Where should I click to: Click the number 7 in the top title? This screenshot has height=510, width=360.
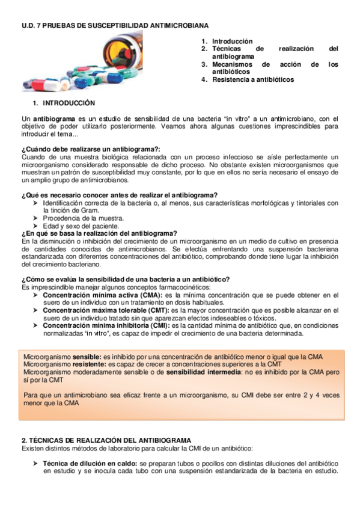coord(37,26)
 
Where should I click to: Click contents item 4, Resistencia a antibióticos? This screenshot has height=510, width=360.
coord(252,79)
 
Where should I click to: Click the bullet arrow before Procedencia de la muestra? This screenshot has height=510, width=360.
coord(36,218)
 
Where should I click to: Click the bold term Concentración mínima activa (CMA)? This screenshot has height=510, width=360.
coord(102,295)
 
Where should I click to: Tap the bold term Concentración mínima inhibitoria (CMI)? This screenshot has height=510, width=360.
coord(106,325)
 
